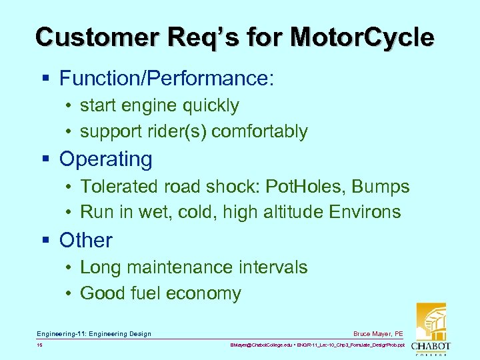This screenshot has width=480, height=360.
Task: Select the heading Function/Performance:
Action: coord(167,78)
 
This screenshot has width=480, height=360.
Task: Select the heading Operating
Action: coord(106,159)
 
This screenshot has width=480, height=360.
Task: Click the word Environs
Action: coord(365,213)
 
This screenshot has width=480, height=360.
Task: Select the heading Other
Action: coord(86,241)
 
